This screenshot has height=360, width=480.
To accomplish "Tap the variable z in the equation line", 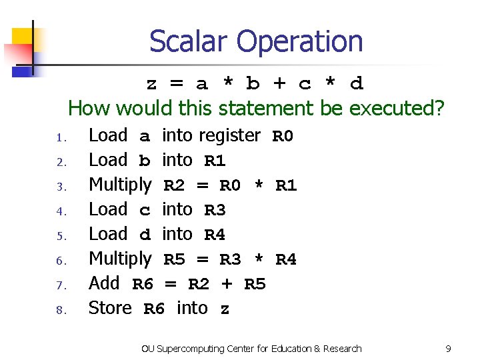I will click(152, 84).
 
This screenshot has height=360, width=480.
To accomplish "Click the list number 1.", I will click(59, 139).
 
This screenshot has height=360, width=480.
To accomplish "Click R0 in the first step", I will click(283, 137).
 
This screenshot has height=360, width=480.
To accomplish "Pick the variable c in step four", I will click(144, 211).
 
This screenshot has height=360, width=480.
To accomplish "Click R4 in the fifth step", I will click(214, 235).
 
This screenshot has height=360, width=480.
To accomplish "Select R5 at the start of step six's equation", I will click(174, 260).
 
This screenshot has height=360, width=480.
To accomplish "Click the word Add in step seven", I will click(104, 283).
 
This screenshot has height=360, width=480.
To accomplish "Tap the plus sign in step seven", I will click(227, 285).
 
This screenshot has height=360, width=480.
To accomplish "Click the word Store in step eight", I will click(110, 308).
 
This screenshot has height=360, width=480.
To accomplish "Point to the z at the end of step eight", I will click(225, 309).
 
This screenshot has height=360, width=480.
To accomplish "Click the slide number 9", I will click(448, 349).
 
